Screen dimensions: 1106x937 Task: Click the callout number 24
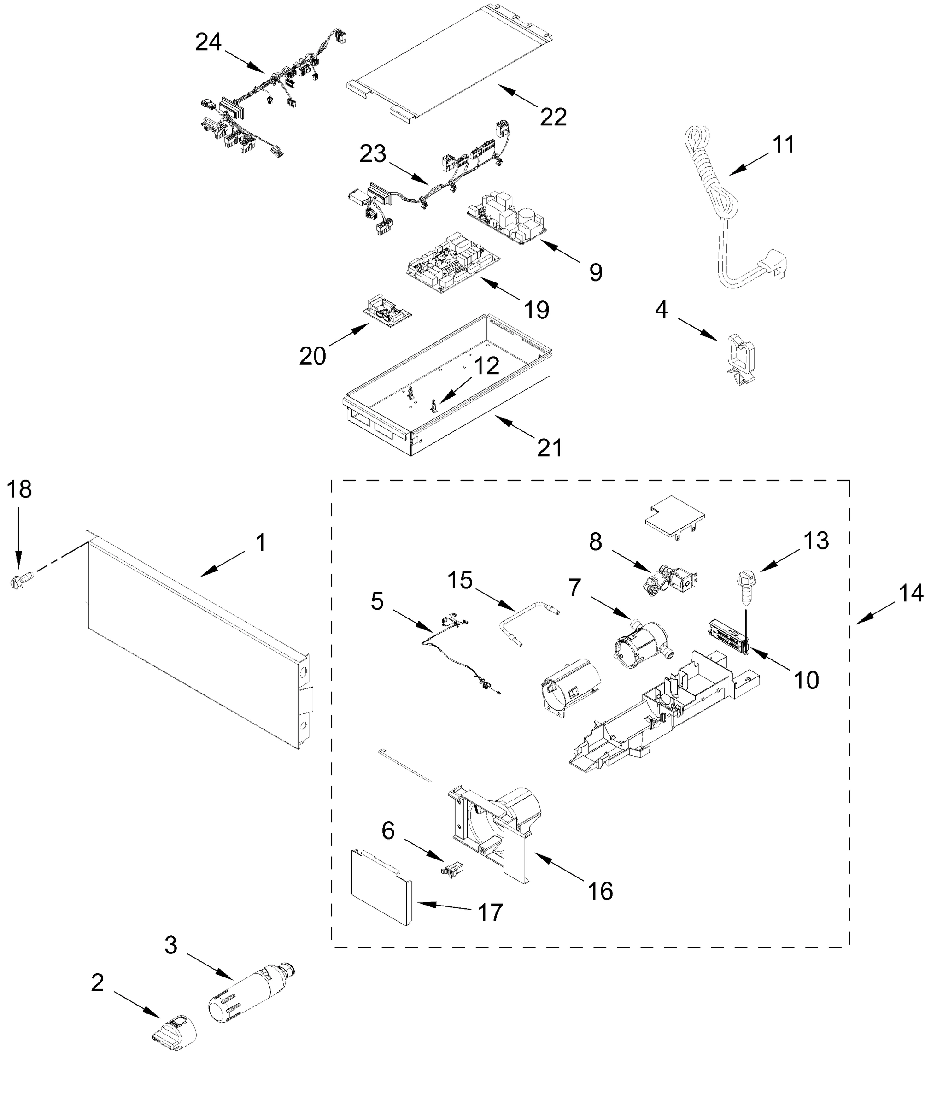[208, 42]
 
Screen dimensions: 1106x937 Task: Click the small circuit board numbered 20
[387, 312]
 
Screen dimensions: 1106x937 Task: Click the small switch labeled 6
[452, 870]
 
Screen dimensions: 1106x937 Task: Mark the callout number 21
[549, 448]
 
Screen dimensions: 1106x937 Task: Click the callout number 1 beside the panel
[260, 542]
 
